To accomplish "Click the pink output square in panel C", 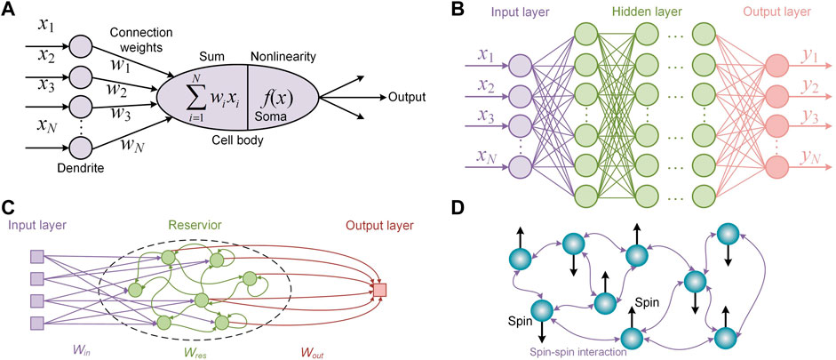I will coord(380,291).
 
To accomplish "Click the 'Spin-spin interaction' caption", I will coord(582,351).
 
